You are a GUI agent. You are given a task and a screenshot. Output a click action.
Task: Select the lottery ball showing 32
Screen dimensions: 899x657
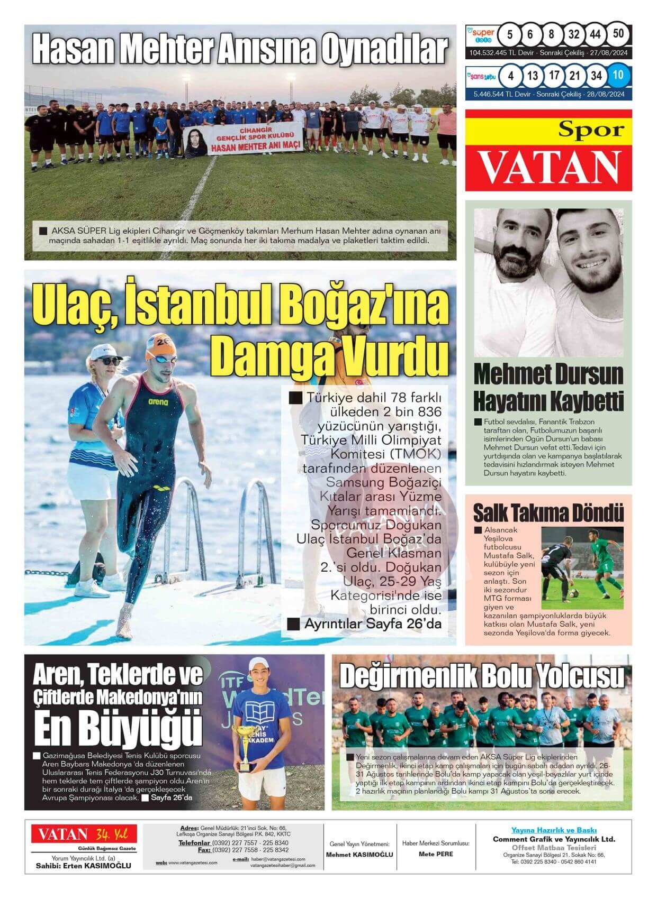click(x=573, y=35)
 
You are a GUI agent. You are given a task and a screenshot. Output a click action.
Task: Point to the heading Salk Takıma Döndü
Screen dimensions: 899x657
click(x=548, y=512)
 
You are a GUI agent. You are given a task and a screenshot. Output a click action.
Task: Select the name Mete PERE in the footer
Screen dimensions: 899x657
click(x=436, y=854)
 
